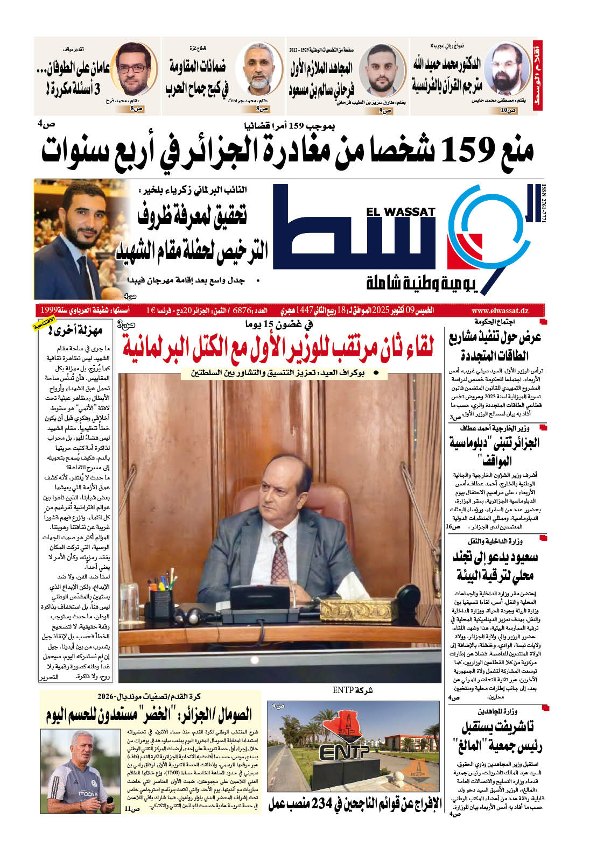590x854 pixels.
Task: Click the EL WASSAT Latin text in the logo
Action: (x=401, y=212)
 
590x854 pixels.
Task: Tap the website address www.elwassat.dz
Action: (x=500, y=310)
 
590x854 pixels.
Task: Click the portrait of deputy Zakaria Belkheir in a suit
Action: (x=79, y=239)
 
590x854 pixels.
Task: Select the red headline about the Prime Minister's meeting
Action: (x=278, y=348)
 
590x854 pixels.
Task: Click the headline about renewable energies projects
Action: (x=495, y=347)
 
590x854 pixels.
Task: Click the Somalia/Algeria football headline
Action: (x=149, y=714)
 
